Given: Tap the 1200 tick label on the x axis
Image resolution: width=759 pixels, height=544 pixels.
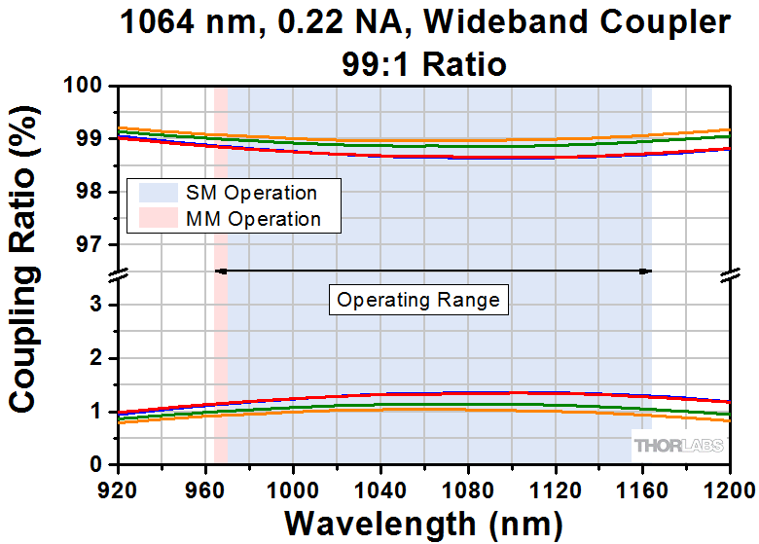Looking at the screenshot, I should [731, 484].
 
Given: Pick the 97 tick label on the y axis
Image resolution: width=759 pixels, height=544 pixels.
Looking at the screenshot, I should [92, 244].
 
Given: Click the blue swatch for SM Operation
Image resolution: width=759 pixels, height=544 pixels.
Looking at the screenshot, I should [157, 193].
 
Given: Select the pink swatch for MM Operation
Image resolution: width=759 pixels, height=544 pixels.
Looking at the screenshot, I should [157, 219].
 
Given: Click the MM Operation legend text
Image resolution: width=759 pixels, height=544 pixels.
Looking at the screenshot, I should [253, 219].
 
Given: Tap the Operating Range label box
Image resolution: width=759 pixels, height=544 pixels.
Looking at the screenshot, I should [418, 300].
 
